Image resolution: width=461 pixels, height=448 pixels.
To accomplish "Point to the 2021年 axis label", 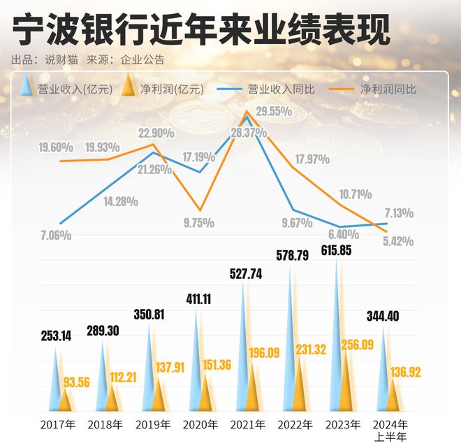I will [248, 424].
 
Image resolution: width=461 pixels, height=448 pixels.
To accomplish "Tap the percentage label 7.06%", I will [56, 236].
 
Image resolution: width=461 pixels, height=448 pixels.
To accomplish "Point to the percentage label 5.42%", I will [398, 240].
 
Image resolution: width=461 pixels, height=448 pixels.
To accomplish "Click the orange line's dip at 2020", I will [200, 210].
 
